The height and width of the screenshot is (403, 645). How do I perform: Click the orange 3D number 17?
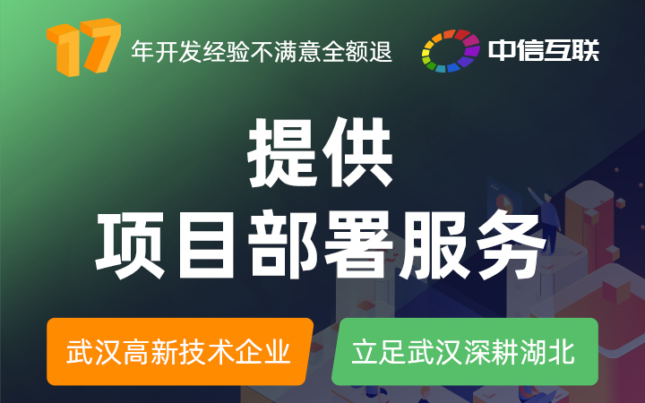click(83, 47)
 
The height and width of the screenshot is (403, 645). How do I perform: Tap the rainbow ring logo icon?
click(451, 50)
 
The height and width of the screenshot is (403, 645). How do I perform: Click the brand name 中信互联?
click(544, 50)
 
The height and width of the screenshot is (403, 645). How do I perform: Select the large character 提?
click(282, 152)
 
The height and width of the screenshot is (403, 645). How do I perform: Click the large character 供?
click(357, 152)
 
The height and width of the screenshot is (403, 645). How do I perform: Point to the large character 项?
click(131, 244)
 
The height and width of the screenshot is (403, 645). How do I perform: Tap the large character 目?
click(207, 245)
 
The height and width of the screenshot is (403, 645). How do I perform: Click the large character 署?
click(358, 245)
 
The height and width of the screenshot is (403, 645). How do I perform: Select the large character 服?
click(434, 245)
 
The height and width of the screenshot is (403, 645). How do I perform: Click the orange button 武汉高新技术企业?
click(180, 352)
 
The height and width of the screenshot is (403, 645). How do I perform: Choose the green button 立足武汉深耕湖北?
click(465, 352)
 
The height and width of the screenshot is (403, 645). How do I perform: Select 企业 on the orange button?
click(263, 352)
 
